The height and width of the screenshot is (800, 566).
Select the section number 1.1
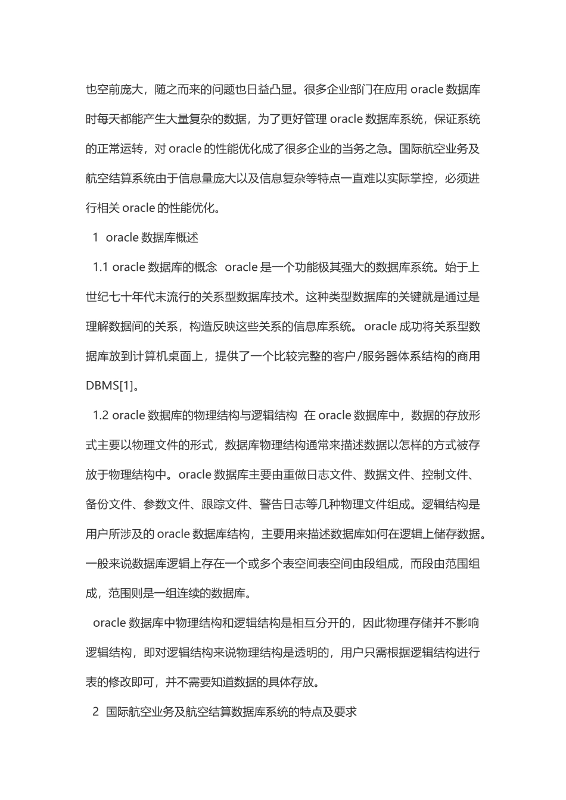click(101, 267)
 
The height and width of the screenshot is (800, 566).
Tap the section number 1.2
click(101, 415)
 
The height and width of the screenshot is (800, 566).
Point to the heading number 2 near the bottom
click(95, 712)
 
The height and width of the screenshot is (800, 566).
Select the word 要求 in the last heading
click(345, 712)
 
